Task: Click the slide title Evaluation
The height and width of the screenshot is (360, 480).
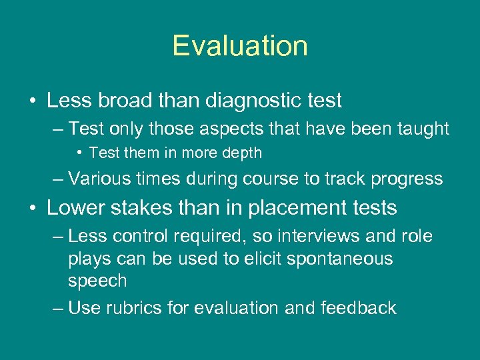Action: (x=240, y=46)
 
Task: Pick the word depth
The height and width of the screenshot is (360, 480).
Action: (x=243, y=153)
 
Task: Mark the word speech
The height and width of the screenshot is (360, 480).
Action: (x=97, y=281)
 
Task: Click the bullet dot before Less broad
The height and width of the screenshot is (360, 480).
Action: (x=33, y=101)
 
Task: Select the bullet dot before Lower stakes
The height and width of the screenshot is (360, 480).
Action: (x=33, y=208)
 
